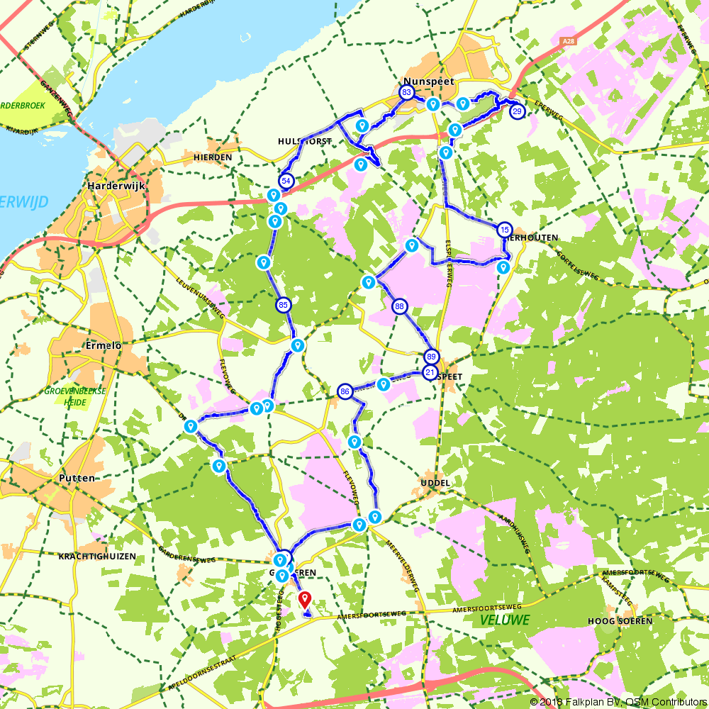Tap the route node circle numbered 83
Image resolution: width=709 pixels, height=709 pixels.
pyautogui.click(x=406, y=93)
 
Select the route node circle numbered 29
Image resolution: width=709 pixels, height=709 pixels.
pyautogui.click(x=518, y=111)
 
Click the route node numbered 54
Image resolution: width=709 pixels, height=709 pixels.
pyautogui.click(x=286, y=181)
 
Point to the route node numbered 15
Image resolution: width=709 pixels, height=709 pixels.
pyautogui.click(x=504, y=230)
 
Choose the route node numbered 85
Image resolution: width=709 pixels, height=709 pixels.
pyautogui.click(x=284, y=306)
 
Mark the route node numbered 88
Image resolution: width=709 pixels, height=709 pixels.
pyautogui.click(x=400, y=306)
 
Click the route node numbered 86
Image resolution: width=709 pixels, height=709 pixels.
pyautogui.click(x=345, y=391)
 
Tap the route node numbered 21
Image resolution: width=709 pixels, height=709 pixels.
pyautogui.click(x=430, y=372)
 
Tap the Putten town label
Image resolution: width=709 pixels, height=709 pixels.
pyautogui.click(x=77, y=479)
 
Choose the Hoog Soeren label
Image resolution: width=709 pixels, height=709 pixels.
pyautogui.click(x=619, y=620)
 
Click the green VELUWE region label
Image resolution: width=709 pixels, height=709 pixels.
pyautogui.click(x=504, y=620)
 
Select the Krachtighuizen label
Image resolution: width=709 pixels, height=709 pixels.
pyautogui.click(x=98, y=557)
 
